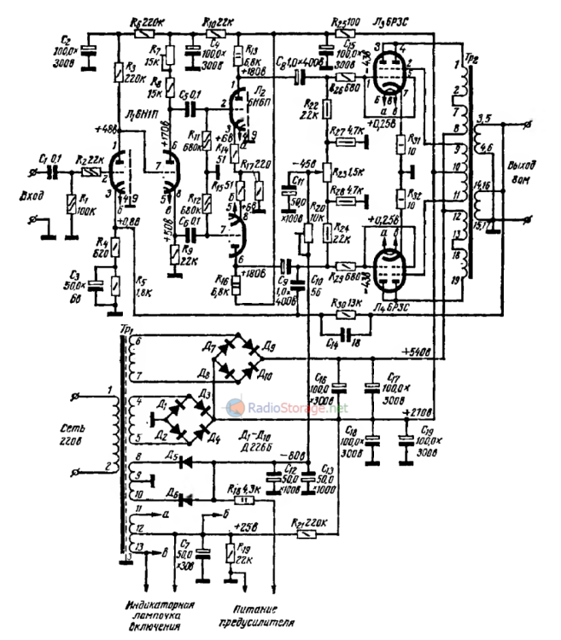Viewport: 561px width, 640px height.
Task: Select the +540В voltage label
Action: pyautogui.click(x=415, y=350)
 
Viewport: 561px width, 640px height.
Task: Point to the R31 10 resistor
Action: pyautogui.click(x=399, y=143)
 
